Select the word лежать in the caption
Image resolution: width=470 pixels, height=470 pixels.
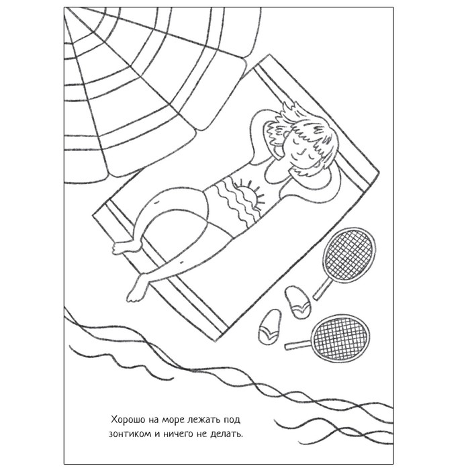click(203, 420)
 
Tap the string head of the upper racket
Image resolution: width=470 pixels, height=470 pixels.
click(350, 254)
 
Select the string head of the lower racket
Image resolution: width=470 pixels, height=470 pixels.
click(341, 338)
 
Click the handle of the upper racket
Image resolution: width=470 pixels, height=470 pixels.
click(323, 288)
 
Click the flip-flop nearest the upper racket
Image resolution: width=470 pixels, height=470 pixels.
click(297, 302)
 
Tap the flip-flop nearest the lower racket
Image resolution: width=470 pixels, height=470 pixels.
click(270, 327)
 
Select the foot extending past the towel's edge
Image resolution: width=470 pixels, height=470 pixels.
click(137, 288)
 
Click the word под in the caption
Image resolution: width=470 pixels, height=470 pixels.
click(232, 420)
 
